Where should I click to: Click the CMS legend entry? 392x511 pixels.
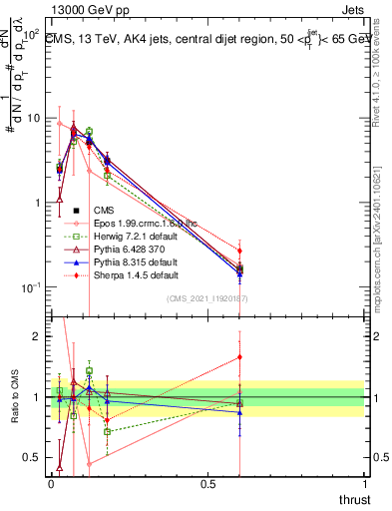point(104,211)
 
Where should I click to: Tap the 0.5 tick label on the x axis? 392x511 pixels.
point(208,483)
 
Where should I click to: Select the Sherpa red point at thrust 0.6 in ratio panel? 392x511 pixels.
point(239,356)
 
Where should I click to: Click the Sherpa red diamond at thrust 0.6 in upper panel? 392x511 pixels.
point(239,251)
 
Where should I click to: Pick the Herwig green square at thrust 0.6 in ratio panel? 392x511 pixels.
point(239,403)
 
